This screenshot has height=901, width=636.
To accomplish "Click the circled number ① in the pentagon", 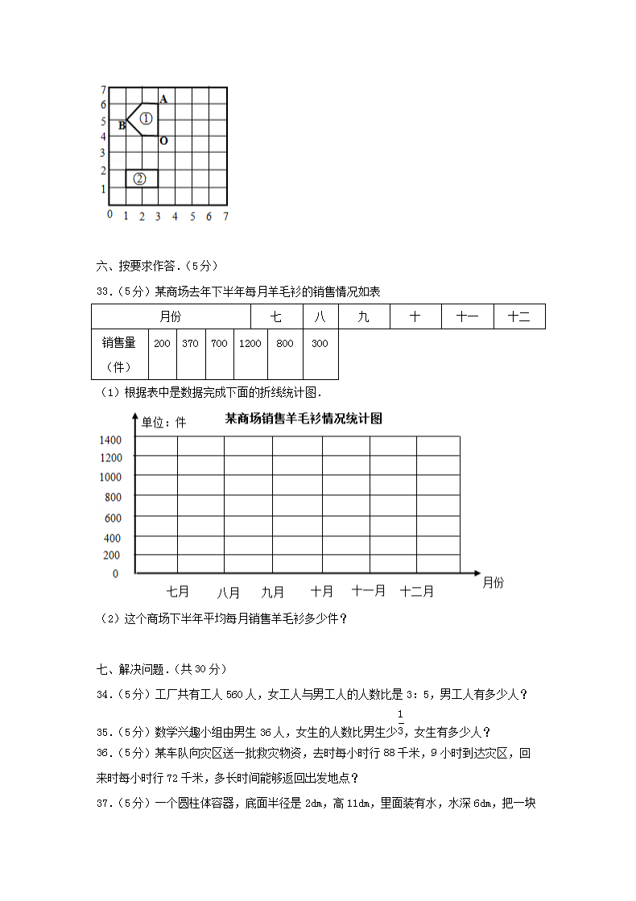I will (145, 119).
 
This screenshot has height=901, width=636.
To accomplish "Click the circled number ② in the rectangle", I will (140, 179).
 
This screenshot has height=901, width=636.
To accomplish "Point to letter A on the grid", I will (163, 99).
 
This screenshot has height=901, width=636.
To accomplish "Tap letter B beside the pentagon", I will (122, 126).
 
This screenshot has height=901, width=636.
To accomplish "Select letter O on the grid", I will (163, 142).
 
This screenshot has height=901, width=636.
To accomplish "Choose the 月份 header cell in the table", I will (170, 317).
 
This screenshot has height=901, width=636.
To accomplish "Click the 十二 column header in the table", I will (519, 317).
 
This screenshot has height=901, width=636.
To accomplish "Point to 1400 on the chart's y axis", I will (110, 440).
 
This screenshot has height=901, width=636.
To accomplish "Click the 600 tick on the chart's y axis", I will (111, 518).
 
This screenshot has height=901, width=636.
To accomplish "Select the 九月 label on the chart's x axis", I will (273, 592).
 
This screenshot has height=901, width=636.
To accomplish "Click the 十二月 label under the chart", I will (417, 591).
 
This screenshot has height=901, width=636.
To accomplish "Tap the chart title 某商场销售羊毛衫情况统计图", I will (304, 419).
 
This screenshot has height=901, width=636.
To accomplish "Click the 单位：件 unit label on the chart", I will (163, 422).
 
